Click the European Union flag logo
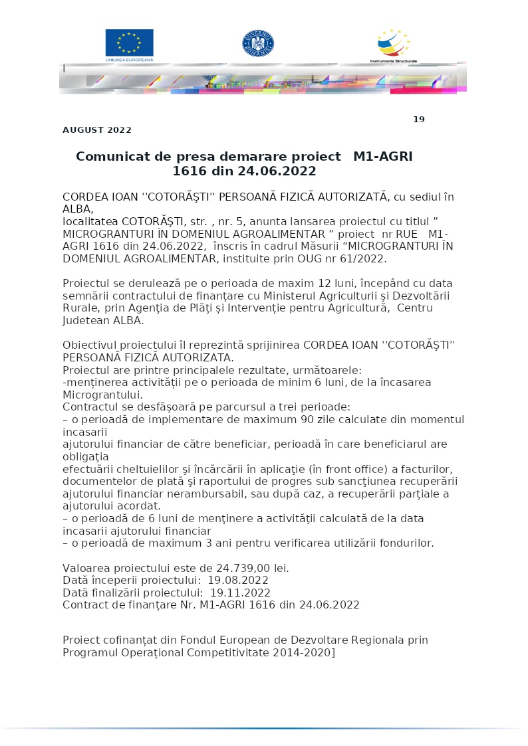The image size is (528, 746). pyautogui.click(x=129, y=43)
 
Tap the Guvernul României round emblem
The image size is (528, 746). pyautogui.click(x=258, y=43)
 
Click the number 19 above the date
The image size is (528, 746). pyautogui.click(x=418, y=120)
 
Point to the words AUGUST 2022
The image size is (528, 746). pyautogui.click(x=97, y=130)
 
